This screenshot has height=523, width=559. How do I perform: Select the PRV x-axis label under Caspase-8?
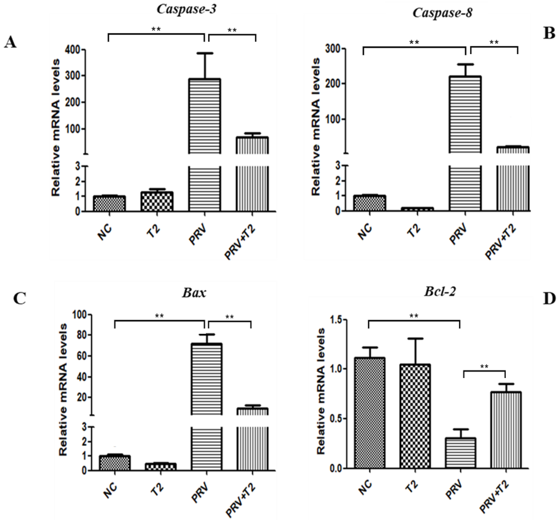click(458, 236)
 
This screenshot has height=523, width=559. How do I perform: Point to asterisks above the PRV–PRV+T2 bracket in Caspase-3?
click(232, 30)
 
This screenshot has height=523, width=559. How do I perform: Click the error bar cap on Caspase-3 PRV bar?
click(205, 53)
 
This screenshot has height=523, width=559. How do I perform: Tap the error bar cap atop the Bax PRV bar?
click(207, 334)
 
